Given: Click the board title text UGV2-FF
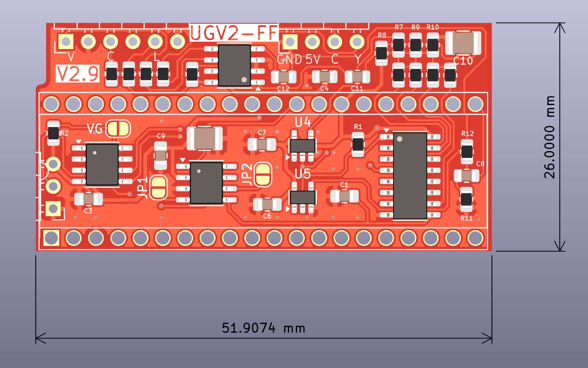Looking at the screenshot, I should [234, 33].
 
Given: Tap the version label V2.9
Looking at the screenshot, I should [77, 74].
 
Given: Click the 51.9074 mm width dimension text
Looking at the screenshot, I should [263, 328].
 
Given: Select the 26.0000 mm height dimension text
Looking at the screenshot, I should [549, 137].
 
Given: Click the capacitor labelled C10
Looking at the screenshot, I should [463, 43].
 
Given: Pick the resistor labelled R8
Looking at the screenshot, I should [381, 53].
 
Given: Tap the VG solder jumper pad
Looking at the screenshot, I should [118, 129].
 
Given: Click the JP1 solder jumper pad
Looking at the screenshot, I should [159, 188].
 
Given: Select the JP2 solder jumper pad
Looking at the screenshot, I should [263, 175].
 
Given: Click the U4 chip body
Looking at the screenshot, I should [302, 146].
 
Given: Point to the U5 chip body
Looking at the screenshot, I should [302, 197].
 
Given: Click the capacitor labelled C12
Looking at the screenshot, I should [283, 77].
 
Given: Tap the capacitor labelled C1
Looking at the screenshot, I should [344, 196].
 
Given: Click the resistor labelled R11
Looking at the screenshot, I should [466, 199].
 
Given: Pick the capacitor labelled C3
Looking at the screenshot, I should [88, 199].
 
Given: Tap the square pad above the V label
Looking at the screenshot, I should [66, 42].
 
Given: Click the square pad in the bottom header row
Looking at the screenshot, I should [51, 238].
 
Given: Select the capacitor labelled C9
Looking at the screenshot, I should [160, 155].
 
